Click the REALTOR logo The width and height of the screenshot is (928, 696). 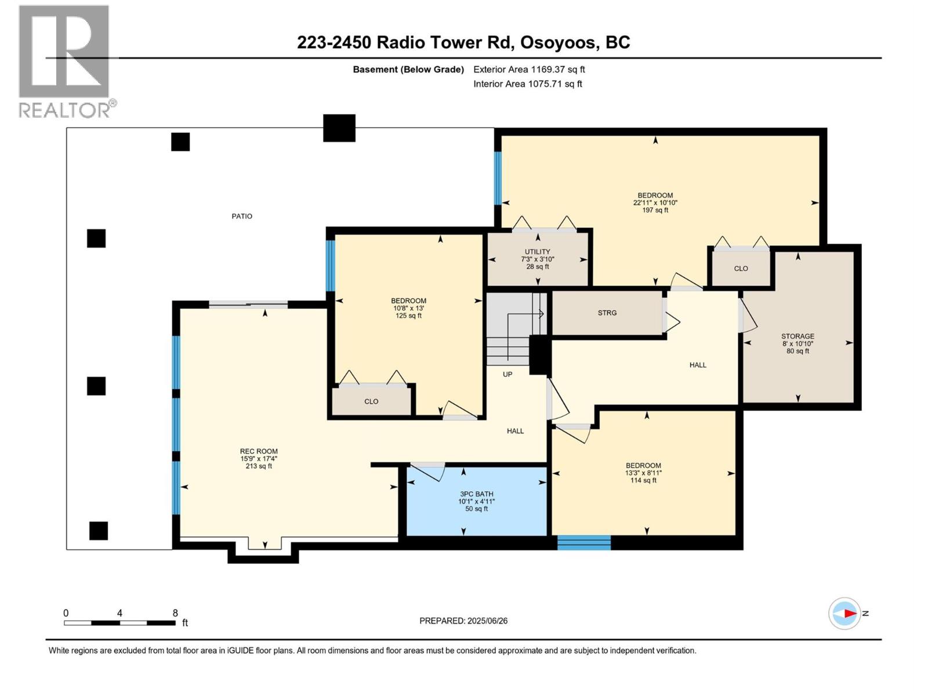click(64, 61)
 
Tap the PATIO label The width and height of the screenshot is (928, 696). click(242, 216)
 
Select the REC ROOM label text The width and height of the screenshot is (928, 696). click(259, 451)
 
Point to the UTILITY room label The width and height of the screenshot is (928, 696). click(538, 252)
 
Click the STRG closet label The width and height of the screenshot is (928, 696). click(607, 313)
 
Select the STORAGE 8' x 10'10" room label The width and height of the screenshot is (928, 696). click(797, 343)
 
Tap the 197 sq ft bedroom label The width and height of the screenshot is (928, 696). click(655, 202)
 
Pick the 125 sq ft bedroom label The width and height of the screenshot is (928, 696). click(408, 308)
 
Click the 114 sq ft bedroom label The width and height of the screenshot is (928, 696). click(643, 473)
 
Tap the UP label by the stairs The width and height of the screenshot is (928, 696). click(507, 374)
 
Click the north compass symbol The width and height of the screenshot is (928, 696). click(845, 613)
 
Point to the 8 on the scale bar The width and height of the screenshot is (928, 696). click(175, 613)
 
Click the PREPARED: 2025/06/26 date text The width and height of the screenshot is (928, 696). click(463, 621)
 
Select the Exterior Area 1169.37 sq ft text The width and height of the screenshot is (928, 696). click(529, 69)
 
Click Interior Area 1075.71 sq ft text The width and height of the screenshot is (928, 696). click(527, 84)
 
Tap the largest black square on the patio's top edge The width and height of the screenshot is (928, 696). click(339, 128)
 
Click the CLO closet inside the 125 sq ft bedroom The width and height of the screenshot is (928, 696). click(371, 401)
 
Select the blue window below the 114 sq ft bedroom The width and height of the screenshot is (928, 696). click(583, 543)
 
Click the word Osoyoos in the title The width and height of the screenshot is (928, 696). click(557, 42)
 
